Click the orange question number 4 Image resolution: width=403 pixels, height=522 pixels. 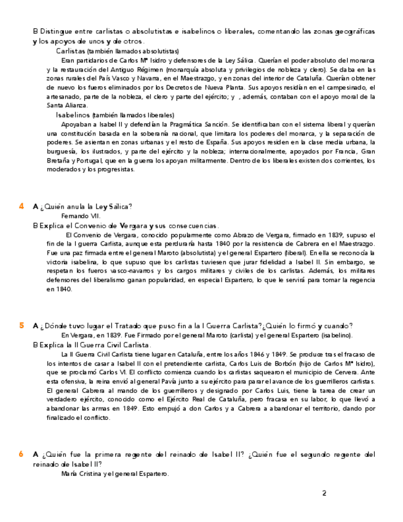coord(22,206)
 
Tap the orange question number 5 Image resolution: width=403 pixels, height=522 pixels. coord(22,325)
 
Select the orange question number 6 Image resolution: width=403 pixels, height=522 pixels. coord(22,454)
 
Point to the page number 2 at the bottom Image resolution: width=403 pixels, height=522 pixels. coord(324,492)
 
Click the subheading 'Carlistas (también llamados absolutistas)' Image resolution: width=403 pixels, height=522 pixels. coord(118,51)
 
